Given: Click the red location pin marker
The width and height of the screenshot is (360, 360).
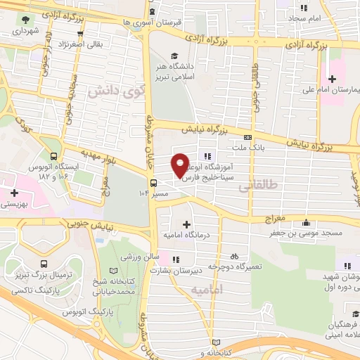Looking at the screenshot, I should pyautogui.click(x=180, y=165).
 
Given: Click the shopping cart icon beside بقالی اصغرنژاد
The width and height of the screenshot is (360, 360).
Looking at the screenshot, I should pyautogui.click(x=82, y=32).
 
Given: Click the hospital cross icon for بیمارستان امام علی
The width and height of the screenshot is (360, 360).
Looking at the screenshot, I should pyautogui.click(x=331, y=79).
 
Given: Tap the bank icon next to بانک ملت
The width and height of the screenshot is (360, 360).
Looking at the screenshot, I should pyautogui.click(x=247, y=137).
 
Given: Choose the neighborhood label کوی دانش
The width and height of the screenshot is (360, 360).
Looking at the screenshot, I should pyautogui.click(x=109, y=91).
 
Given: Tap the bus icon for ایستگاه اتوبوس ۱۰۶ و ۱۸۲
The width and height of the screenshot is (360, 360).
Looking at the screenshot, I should pyautogui.click(x=54, y=157).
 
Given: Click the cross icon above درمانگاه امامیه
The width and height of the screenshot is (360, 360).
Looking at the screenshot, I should pyautogui.click(x=186, y=224).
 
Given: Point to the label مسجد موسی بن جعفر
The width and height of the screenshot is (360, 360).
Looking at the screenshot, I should pyautogui.click(x=312, y=232).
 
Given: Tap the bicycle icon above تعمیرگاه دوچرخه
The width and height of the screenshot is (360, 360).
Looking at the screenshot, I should pyautogui.click(x=234, y=257).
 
